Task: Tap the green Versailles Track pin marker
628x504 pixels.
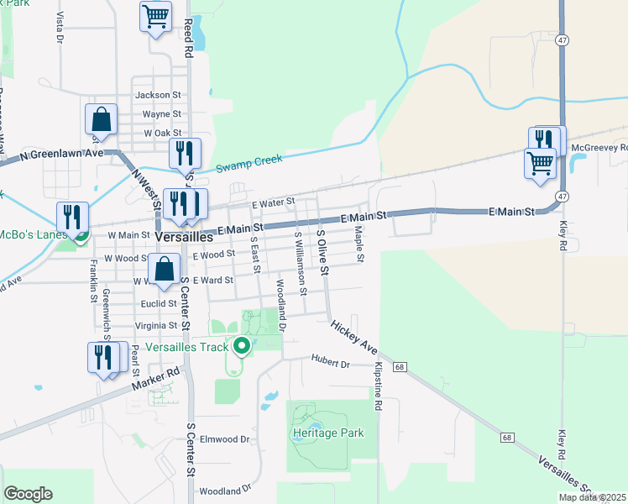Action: click(242, 345)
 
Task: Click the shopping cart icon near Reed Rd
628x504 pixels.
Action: click(155, 16)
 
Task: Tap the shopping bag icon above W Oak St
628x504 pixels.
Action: click(101, 118)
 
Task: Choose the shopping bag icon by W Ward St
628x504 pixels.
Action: click(165, 270)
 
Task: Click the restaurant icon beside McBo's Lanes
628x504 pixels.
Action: click(73, 217)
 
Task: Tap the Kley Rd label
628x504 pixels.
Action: click(561, 235)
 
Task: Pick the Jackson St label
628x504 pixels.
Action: click(163, 96)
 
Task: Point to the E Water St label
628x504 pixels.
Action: click(273, 202)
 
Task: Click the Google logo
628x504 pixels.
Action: click(28, 494)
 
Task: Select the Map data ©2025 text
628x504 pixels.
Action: click(592, 497)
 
